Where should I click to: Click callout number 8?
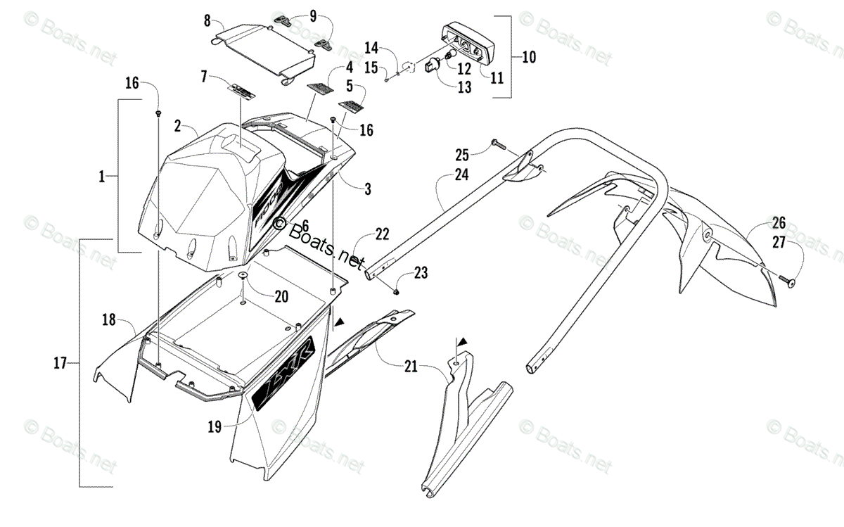click(x=207, y=21)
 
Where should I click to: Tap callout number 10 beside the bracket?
click(x=527, y=55)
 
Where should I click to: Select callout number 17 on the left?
click(x=60, y=363)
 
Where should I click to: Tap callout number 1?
click(x=102, y=177)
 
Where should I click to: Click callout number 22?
click(x=382, y=234)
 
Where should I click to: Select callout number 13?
click(x=464, y=87)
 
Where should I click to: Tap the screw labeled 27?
click(x=788, y=281)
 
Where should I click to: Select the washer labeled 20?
click(x=243, y=275)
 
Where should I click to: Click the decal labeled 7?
click(x=241, y=91)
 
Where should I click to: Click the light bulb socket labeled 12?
click(x=435, y=64)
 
